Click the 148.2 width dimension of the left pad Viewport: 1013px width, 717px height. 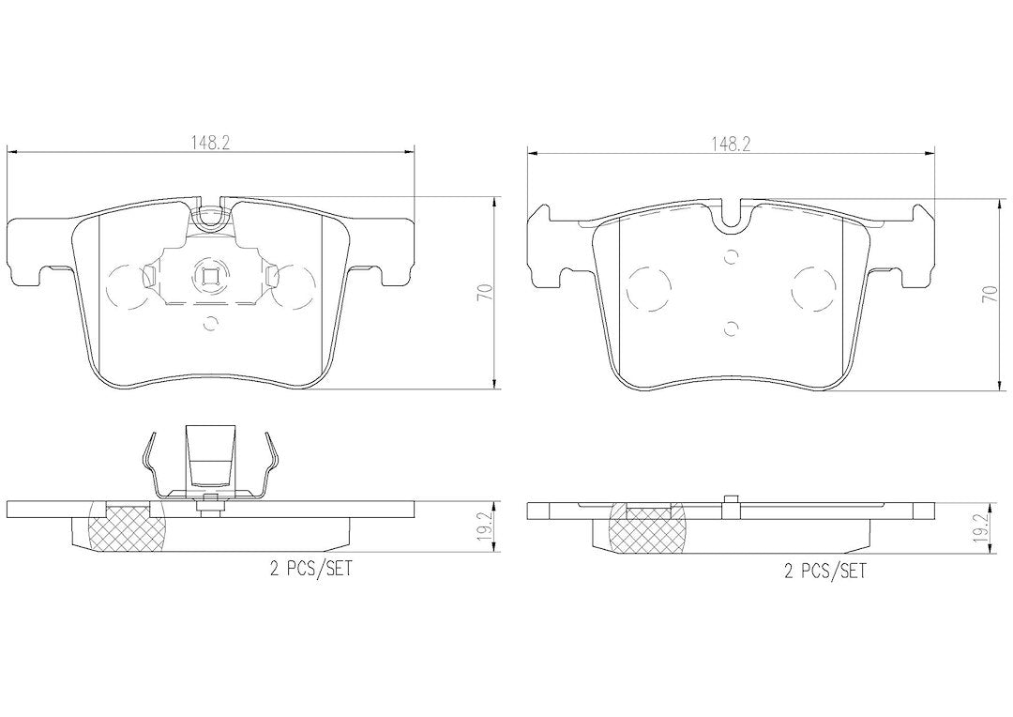[210, 144]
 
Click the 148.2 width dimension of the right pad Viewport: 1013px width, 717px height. [730, 145]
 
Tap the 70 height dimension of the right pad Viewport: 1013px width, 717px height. [989, 294]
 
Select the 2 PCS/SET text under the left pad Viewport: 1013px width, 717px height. [310, 569]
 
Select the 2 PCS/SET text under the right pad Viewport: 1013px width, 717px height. [824, 571]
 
